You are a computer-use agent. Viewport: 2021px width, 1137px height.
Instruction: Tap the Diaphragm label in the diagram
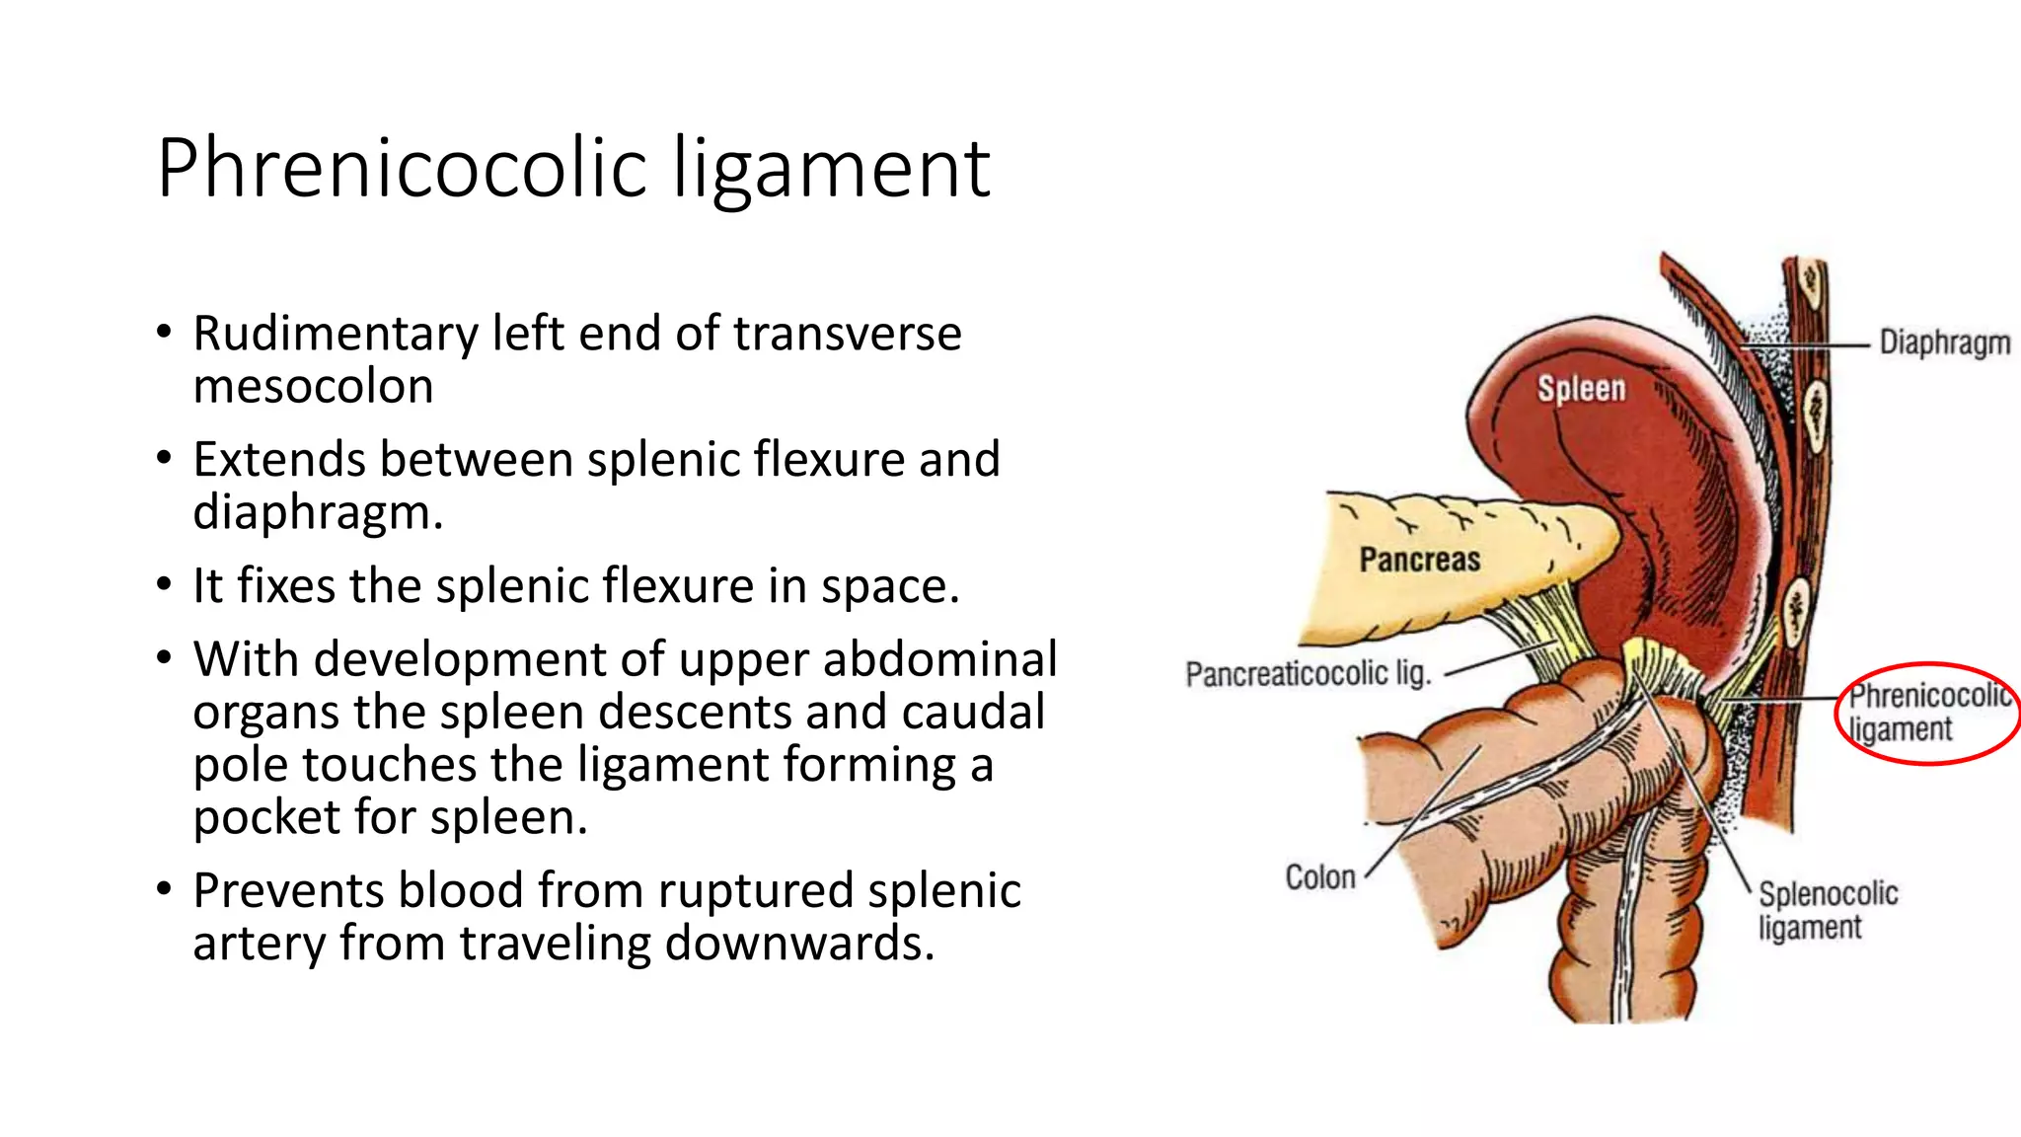[1943, 342]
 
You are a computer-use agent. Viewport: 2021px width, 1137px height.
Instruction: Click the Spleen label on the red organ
[1581, 388]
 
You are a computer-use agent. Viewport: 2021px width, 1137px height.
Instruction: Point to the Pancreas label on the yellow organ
[1419, 560]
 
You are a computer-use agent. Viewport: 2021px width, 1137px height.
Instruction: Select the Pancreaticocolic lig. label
[1308, 674]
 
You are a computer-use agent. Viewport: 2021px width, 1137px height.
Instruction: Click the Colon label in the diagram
[1319, 876]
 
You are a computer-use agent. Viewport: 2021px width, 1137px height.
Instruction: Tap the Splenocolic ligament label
[1827, 910]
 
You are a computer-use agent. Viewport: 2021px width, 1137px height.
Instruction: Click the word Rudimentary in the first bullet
[335, 334]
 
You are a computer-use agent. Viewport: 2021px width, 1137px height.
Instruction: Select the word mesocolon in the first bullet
[313, 386]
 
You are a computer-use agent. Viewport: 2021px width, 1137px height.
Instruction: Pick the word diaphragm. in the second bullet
[318, 512]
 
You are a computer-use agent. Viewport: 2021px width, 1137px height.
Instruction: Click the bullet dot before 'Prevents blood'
[165, 890]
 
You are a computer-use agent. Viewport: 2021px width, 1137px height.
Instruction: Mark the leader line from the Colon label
[1421, 809]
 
